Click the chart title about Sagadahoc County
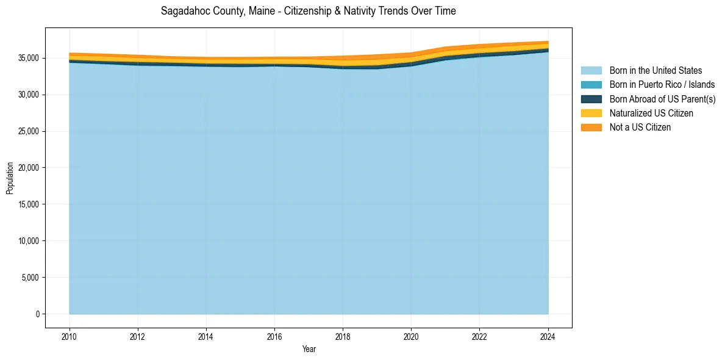pyautogui.click(x=308, y=11)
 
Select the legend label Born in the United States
pyautogui.click(x=655, y=71)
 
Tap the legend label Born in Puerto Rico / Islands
pyautogui.click(x=662, y=85)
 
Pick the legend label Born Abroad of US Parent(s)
pyautogui.click(x=662, y=99)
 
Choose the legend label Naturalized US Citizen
pyautogui.click(x=651, y=113)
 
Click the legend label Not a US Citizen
pyautogui.click(x=640, y=128)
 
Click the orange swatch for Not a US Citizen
pyautogui.click(x=591, y=128)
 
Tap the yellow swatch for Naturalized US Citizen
pyautogui.click(x=591, y=113)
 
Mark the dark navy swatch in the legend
pyautogui.click(x=591, y=99)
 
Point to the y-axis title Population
pyautogui.click(x=10, y=178)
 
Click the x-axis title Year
pyautogui.click(x=309, y=349)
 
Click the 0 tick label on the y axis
pyautogui.click(x=37, y=314)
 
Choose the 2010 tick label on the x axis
pyautogui.click(x=70, y=336)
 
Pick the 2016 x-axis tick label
pyautogui.click(x=274, y=336)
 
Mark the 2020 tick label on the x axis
pyautogui.click(x=411, y=336)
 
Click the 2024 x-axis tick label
pyautogui.click(x=548, y=336)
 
